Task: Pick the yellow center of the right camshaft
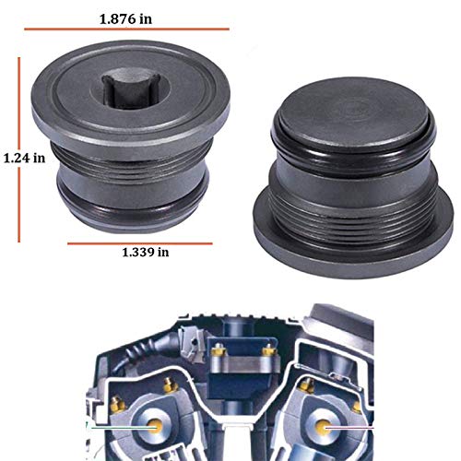pyautogui.click(x=324, y=427)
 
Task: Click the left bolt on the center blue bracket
pyautogui.click(x=218, y=351)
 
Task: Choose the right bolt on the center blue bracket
pyautogui.click(x=268, y=350)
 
